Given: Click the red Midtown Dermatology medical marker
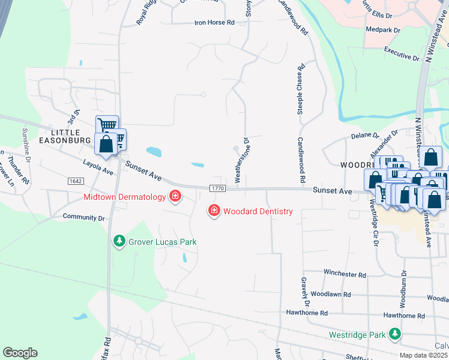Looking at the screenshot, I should [175, 196].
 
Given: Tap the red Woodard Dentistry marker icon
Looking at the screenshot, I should [213, 211].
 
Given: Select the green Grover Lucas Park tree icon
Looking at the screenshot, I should [119, 241].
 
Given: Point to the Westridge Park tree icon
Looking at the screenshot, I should [394, 334].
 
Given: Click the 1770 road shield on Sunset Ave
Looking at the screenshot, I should [217, 188].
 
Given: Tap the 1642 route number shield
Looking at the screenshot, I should [76, 181].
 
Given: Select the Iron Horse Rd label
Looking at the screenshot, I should [214, 22].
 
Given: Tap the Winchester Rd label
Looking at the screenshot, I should [345, 274].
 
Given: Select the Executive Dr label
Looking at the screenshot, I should [402, 53].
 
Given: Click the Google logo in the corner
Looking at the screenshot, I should [20, 353].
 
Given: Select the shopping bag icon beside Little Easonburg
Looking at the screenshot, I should [106, 145].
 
